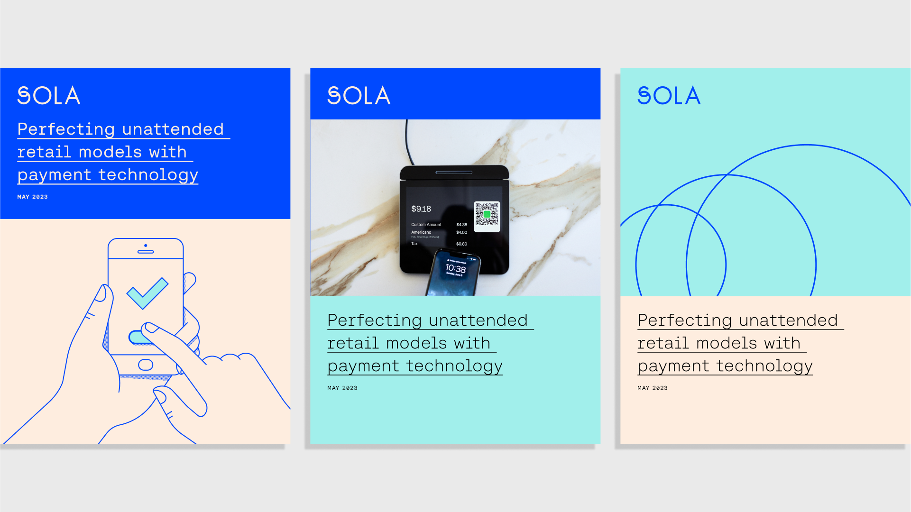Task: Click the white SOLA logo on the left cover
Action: (x=49, y=96)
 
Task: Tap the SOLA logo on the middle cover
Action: (x=359, y=96)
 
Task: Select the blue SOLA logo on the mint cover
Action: (x=669, y=96)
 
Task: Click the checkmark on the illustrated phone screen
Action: (x=147, y=293)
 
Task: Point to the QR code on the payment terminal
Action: (x=487, y=216)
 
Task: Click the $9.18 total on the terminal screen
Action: (x=421, y=209)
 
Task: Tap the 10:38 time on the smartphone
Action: (x=455, y=269)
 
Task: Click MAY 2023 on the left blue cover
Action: (x=32, y=197)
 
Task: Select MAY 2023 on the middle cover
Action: (x=342, y=388)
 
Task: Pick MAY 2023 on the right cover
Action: (x=653, y=388)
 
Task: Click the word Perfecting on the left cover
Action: (x=66, y=129)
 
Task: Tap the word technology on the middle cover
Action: (x=454, y=366)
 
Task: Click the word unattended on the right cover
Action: (x=788, y=320)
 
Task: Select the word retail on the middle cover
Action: (x=353, y=343)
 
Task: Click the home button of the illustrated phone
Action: (x=146, y=365)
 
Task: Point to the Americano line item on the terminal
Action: (x=421, y=232)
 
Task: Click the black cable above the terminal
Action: (x=408, y=142)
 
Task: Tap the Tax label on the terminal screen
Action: (x=414, y=244)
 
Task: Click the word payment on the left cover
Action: (x=54, y=175)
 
